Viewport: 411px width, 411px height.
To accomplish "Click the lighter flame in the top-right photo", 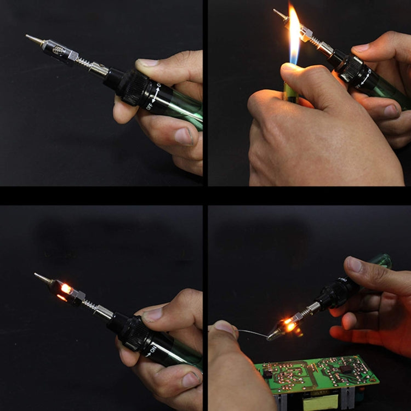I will [x=294, y=33].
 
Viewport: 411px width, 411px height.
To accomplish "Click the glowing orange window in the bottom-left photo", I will [x=66, y=288].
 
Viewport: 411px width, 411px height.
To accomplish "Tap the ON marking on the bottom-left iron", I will [x=154, y=346].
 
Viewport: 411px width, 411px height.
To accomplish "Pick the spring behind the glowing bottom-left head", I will [x=89, y=302].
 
